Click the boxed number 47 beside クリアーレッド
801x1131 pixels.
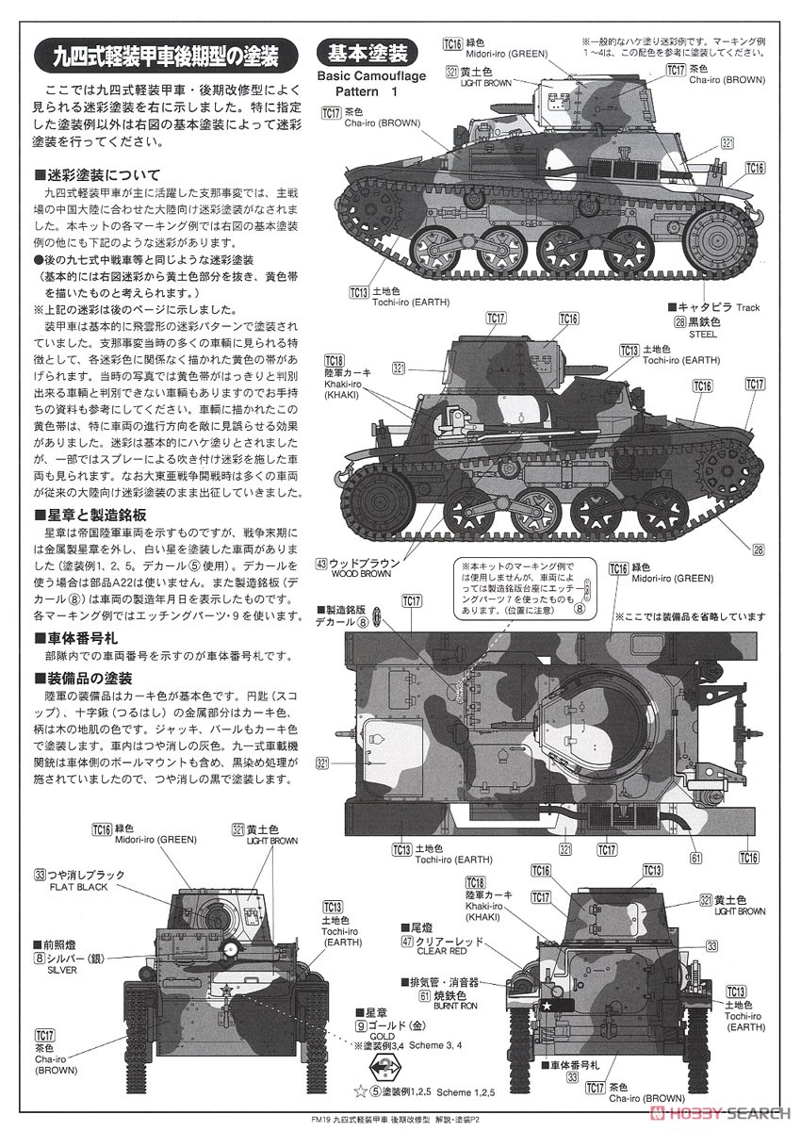click(407, 941)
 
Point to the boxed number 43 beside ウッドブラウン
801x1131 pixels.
click(322, 564)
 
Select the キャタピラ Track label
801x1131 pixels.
click(718, 307)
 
